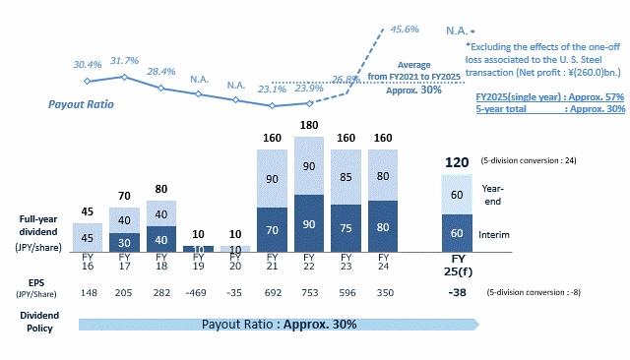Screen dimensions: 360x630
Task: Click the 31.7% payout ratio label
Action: pyautogui.click(x=124, y=60)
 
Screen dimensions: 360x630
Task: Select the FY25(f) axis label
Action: pyautogui.click(x=458, y=265)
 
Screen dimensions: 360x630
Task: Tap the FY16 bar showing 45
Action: pyautogui.click(x=88, y=237)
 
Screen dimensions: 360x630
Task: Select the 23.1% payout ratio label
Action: pyautogui.click(x=272, y=89)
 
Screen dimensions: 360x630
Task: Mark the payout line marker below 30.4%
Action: pyautogui.click(x=88, y=81)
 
